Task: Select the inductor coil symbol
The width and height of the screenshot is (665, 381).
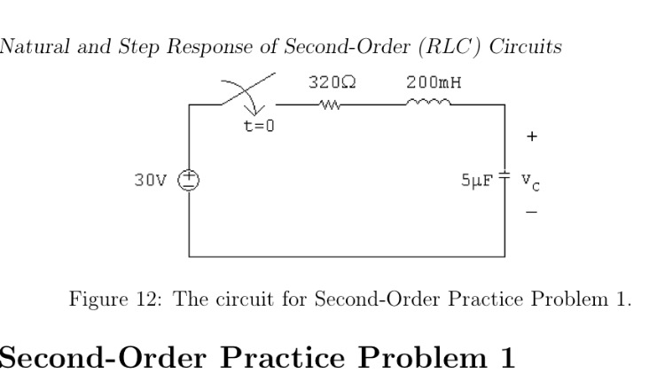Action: (x=430, y=104)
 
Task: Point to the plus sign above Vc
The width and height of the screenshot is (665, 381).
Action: (x=531, y=137)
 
